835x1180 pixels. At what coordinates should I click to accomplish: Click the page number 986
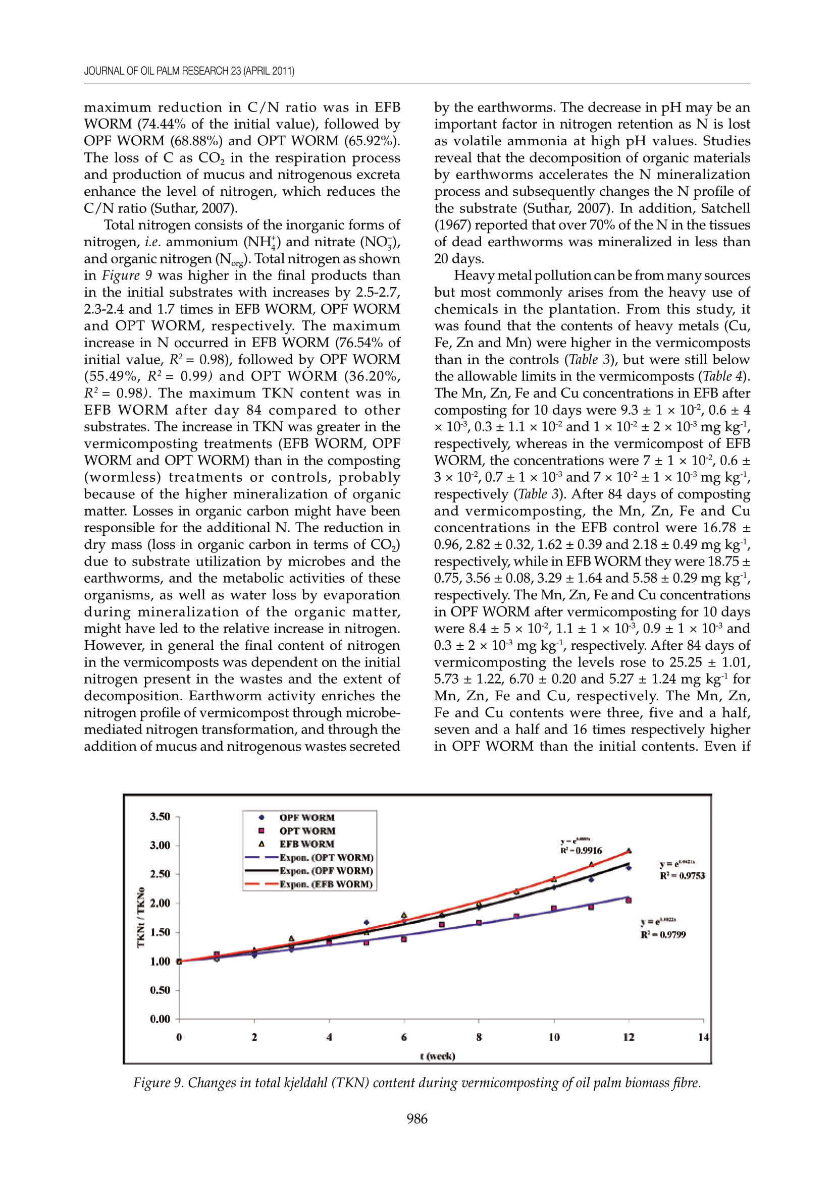[416, 1119]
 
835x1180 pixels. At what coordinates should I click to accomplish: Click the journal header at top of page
[189, 71]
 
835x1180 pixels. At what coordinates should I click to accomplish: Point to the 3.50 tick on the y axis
[160, 816]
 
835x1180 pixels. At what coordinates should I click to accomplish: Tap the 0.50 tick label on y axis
[160, 990]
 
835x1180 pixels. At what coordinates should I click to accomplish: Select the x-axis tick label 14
[703, 1037]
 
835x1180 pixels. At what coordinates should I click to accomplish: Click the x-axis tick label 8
[479, 1037]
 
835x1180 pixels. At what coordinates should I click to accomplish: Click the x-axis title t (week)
[437, 1056]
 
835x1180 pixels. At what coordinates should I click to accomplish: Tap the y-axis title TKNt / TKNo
[140, 917]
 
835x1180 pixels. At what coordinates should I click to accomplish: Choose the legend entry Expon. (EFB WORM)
[326, 884]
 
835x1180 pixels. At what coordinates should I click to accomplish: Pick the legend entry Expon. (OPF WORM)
[326, 871]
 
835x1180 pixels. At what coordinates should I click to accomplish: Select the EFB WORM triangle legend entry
[306, 844]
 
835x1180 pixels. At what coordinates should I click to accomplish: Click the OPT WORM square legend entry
[306, 830]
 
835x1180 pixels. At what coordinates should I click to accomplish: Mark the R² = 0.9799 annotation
[663, 934]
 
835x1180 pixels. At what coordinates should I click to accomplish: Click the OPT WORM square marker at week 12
[629, 900]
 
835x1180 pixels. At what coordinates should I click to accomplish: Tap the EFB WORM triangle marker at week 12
[629, 851]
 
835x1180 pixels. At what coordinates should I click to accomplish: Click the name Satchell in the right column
[726, 208]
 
